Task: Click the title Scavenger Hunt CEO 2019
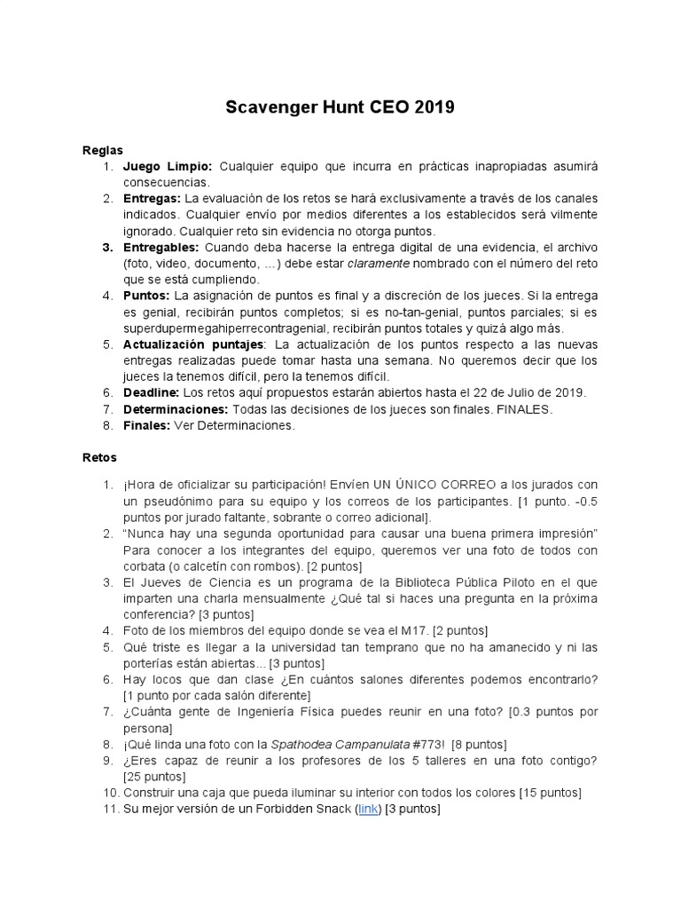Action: click(x=340, y=108)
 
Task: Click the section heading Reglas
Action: click(x=102, y=150)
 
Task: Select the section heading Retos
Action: click(x=98, y=457)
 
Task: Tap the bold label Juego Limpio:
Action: click(x=168, y=167)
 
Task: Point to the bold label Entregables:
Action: click(x=161, y=247)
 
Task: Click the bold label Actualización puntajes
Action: click(x=192, y=344)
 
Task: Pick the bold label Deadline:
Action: click(x=151, y=392)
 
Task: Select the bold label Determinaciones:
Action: click(x=176, y=408)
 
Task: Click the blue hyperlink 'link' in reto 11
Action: click(x=367, y=809)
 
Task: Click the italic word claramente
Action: click(x=380, y=263)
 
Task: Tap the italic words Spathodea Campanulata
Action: click(x=334, y=744)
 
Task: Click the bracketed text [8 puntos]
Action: click(x=479, y=744)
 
